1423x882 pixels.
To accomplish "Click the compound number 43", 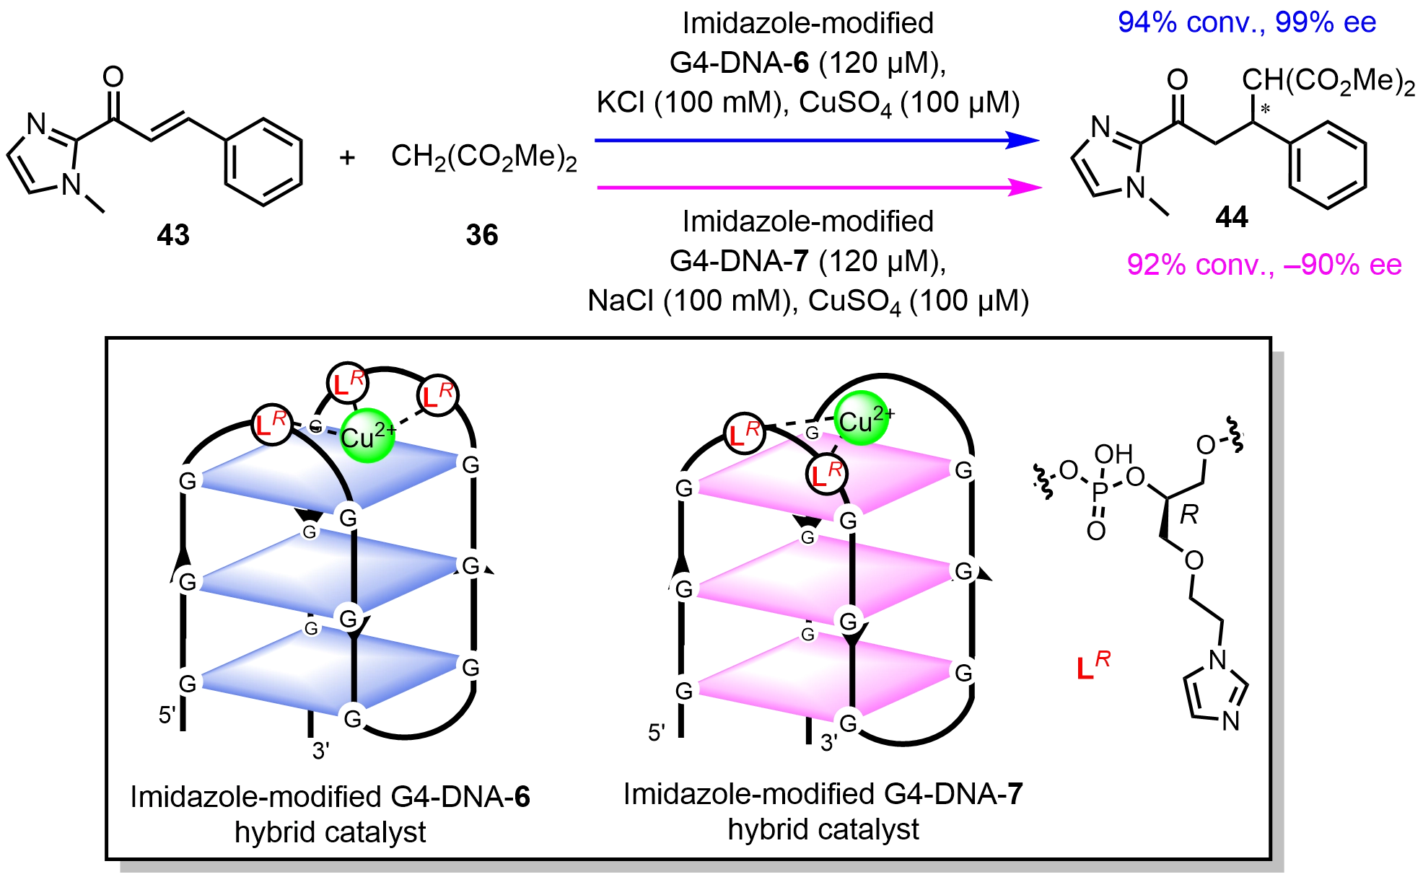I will click(x=173, y=235).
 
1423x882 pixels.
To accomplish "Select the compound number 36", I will click(x=482, y=235).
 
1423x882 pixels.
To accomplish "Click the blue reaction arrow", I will click(x=815, y=141).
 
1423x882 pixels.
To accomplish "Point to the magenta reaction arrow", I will click(x=815, y=188).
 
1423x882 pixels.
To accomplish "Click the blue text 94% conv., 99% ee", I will click(x=1247, y=23).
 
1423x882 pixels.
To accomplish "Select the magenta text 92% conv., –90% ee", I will click(x=1264, y=265).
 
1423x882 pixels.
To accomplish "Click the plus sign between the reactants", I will click(x=348, y=157).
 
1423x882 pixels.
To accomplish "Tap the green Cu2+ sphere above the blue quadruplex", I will click(x=367, y=436).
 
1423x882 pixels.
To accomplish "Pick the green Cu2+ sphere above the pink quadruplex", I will click(x=860, y=422).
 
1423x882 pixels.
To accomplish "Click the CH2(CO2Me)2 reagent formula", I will click(x=483, y=157).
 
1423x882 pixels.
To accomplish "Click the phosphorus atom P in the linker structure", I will click(x=1100, y=492).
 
